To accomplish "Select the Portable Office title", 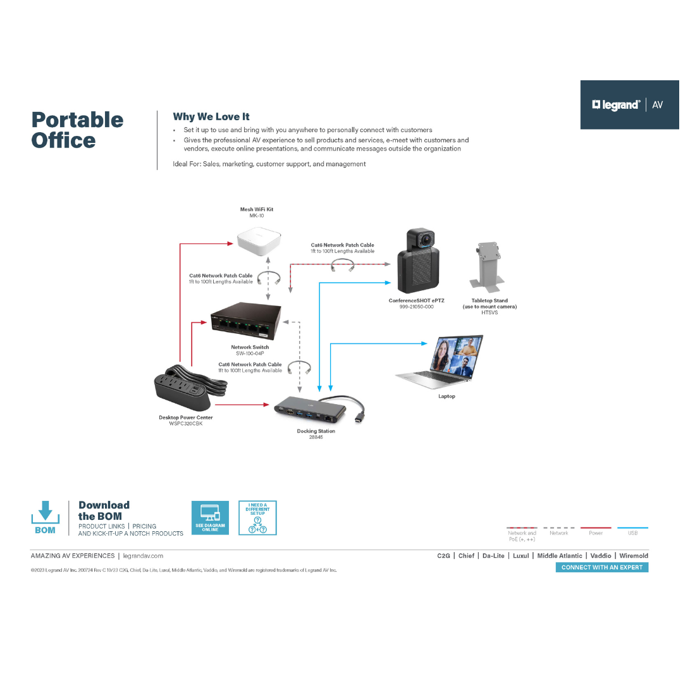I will [77, 130].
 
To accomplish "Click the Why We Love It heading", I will [211, 116].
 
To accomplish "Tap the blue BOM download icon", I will [45, 517].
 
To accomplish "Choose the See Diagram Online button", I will [210, 518].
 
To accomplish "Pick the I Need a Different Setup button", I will [257, 518].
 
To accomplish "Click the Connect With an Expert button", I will [601, 567].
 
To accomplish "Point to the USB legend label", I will [632, 533].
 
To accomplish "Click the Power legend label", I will [596, 533].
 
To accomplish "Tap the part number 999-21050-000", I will [416, 307].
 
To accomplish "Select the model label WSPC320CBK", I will [185, 423].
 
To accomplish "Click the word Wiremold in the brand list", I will [634, 556].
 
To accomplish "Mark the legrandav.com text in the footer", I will [143, 556].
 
